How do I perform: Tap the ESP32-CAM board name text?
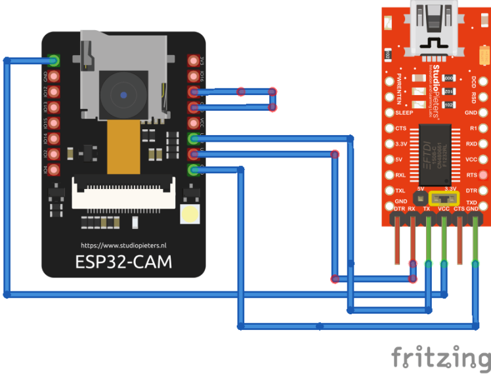tap(124, 262)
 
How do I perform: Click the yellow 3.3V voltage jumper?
tap(444, 197)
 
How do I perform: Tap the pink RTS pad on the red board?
tap(483, 175)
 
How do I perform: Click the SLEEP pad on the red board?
tap(389, 112)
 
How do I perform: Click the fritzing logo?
tap(441, 358)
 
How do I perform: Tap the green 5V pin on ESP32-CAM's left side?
tap(54, 60)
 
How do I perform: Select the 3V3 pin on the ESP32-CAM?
tap(194, 60)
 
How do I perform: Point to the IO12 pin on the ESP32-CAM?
tap(54, 92)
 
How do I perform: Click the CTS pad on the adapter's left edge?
tap(389, 128)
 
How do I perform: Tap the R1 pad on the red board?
tap(483, 128)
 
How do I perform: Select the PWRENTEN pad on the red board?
tap(389, 81)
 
